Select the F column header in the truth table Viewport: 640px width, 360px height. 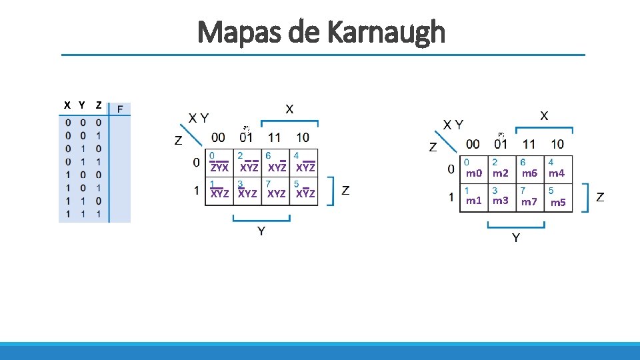pyautogui.click(x=120, y=109)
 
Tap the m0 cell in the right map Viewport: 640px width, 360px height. pyautogui.click(x=473, y=173)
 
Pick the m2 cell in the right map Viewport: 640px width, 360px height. pyautogui.click(x=501, y=173)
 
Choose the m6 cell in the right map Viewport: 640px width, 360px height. pyautogui.click(x=529, y=173)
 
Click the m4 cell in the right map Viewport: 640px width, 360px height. pyautogui.click(x=557, y=173)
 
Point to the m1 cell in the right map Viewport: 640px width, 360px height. pyautogui.click(x=473, y=201)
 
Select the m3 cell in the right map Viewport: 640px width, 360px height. pyautogui.click(x=501, y=201)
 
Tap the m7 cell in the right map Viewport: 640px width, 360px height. pyautogui.click(x=529, y=201)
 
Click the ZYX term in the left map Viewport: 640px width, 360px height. pyautogui.click(x=219, y=168)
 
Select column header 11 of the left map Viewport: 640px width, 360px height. pyautogui.click(x=274, y=137)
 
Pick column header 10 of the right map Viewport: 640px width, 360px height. pyautogui.click(x=557, y=144)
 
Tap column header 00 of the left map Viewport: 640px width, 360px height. pyautogui.click(x=218, y=137)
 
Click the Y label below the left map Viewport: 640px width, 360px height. pyautogui.click(x=261, y=231)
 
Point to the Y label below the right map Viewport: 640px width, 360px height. pyautogui.click(x=516, y=238)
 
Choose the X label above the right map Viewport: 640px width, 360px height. pyautogui.click(x=544, y=115)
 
